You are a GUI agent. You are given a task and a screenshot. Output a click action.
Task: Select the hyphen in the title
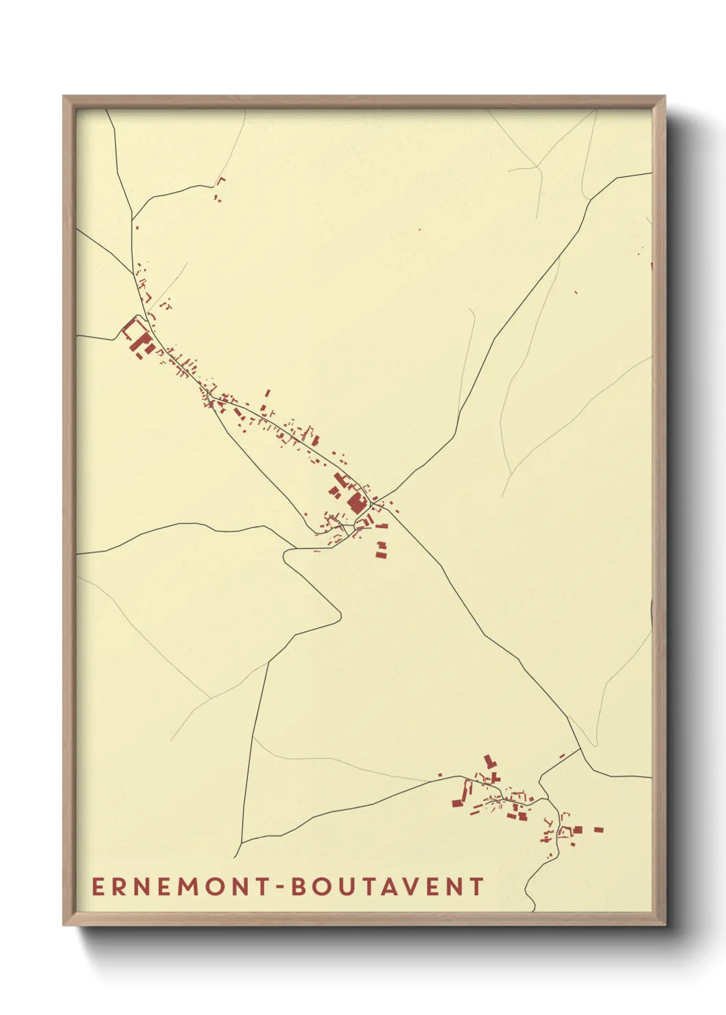tap(279, 887)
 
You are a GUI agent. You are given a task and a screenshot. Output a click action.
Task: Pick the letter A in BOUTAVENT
tap(399, 887)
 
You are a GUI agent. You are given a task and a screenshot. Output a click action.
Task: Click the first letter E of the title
tap(97, 887)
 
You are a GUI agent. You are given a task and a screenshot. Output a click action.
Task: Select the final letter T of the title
tap(478, 887)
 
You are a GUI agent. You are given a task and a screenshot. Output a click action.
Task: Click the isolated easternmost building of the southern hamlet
tap(598, 830)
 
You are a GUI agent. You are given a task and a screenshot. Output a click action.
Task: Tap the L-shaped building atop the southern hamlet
tap(490, 761)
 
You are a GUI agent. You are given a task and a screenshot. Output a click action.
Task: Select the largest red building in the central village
tap(355, 504)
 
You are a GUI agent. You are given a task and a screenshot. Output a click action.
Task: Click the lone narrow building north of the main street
tap(267, 393)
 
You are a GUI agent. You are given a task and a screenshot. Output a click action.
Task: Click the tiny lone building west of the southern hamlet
tap(440, 776)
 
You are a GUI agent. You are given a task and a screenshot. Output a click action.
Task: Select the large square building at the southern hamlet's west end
tap(456, 802)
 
